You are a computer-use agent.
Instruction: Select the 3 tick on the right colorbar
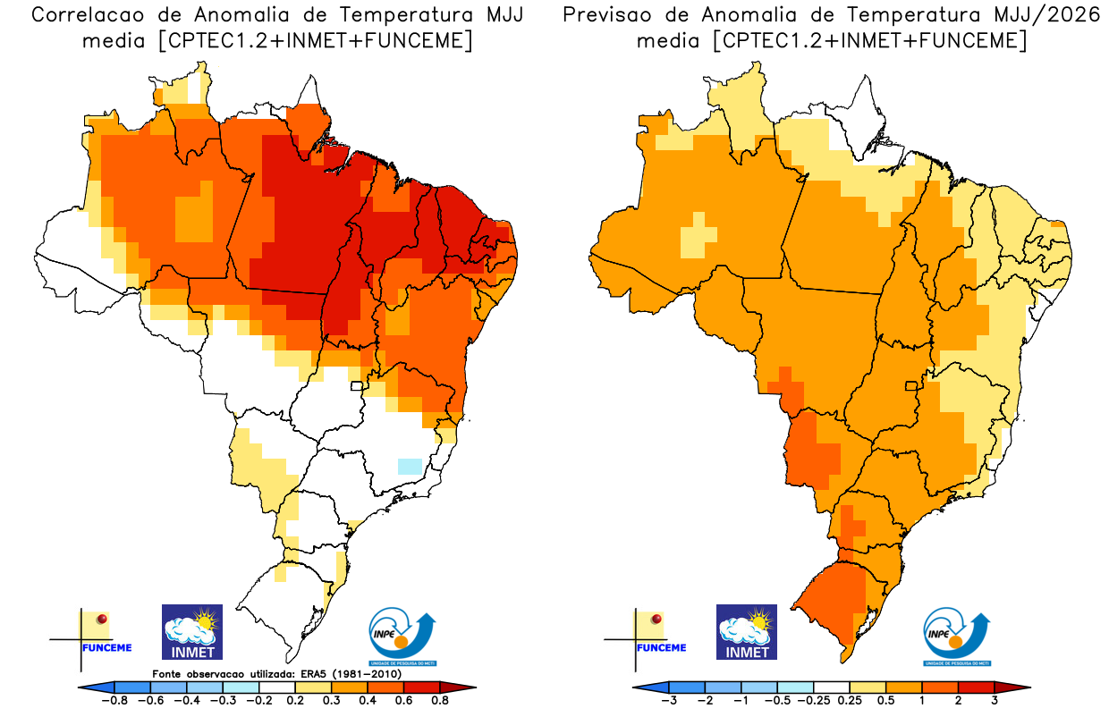(x=994, y=701)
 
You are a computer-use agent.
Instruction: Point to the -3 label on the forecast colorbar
(x=669, y=701)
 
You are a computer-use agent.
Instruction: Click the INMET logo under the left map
(x=192, y=632)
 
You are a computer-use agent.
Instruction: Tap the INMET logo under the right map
(x=747, y=632)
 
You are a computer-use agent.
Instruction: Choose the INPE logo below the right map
(x=957, y=637)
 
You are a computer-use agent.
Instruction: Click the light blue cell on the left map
(x=409, y=466)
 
